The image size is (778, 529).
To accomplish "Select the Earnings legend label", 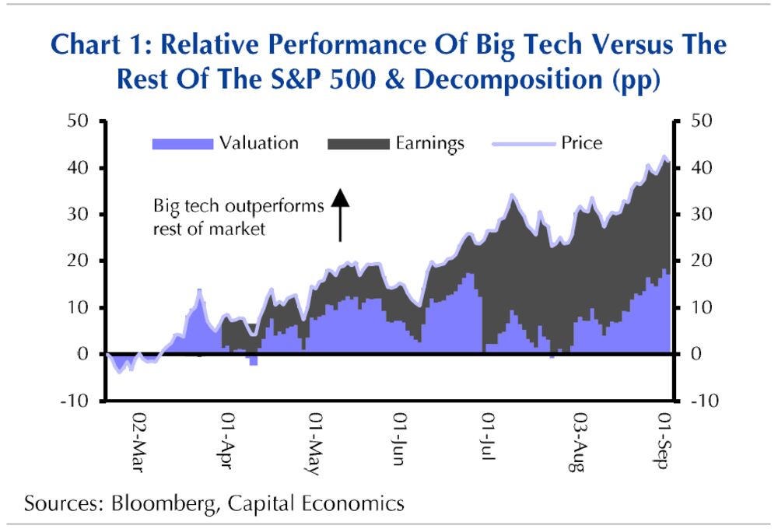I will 429,143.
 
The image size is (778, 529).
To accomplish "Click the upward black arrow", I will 340,215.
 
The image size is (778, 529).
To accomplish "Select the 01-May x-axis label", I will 314,444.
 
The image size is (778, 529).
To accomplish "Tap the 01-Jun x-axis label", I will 398,443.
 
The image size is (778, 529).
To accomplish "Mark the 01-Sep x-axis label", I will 661,443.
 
